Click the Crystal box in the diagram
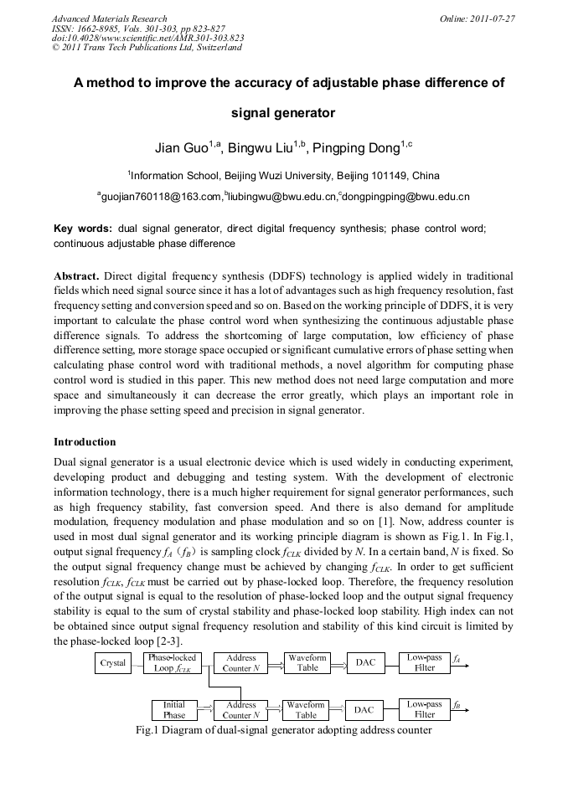coord(113,663)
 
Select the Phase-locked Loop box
coord(173,663)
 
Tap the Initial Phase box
coord(174,710)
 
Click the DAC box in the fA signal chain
coord(365,663)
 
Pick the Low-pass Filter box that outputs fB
coord(425,710)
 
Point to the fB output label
coord(457,707)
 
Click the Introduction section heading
coord(85,442)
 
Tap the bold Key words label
coord(82,228)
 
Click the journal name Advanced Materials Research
coord(109,18)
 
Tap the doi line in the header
coord(147,38)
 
